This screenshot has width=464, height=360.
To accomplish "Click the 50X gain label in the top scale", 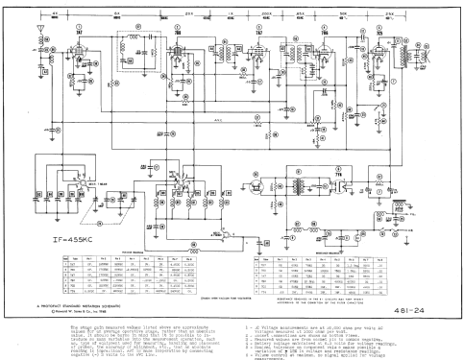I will (342, 11).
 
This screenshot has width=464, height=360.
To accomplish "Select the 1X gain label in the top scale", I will (232, 11).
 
